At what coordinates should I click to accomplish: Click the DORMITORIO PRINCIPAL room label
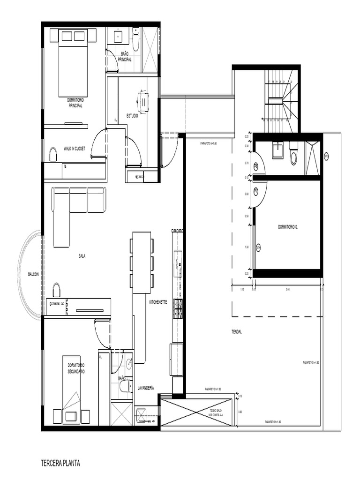point(75,103)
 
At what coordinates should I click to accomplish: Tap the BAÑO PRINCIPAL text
point(125,57)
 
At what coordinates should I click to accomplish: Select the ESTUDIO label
point(132,116)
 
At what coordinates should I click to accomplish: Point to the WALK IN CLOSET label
point(75,149)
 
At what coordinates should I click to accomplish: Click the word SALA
point(82,256)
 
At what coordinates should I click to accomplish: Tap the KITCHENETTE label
point(158,302)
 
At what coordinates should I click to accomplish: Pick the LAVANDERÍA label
point(146,388)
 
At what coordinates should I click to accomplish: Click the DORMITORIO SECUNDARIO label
point(76,368)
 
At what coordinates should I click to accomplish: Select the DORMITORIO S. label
point(288,226)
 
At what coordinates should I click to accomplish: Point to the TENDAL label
point(236,331)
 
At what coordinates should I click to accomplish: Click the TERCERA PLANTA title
point(61,464)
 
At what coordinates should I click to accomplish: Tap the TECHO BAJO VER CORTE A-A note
point(216,412)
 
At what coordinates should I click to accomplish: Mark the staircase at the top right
point(282,101)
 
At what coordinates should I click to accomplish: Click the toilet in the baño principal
point(135,40)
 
